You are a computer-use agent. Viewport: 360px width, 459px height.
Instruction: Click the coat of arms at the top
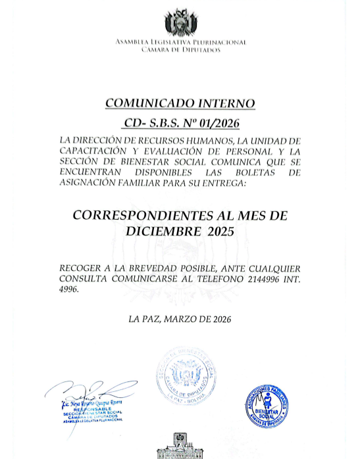tap(180, 23)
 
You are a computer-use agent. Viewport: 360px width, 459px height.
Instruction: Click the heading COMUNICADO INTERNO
tap(180, 103)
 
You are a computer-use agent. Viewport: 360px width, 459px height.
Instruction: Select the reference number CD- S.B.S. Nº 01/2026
tap(180, 123)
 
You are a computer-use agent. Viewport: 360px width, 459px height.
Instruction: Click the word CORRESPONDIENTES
tap(134, 215)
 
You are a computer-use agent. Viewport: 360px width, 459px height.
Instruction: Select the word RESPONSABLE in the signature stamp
tap(94, 408)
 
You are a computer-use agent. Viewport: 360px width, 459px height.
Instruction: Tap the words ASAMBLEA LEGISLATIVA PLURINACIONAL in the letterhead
tap(180, 42)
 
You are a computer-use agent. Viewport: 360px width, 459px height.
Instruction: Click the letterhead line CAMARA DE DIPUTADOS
tap(180, 50)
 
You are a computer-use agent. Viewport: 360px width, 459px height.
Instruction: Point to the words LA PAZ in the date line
tap(145, 320)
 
